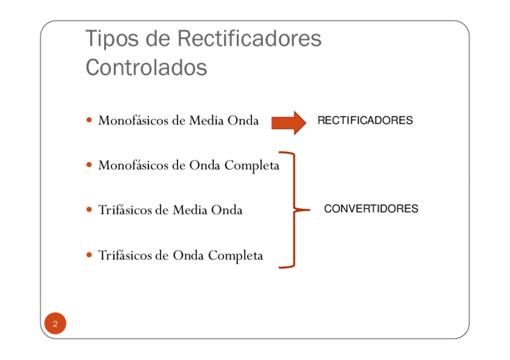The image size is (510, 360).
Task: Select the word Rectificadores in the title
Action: pos(249,39)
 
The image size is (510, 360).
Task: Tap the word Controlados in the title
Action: pos(146,67)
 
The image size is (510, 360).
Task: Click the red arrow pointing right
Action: pos(289,122)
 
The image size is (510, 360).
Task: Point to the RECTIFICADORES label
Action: pos(364,120)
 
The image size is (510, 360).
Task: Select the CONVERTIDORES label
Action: pos(371,209)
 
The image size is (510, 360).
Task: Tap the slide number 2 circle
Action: pos(55,324)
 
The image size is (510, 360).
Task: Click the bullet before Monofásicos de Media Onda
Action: pos(90,120)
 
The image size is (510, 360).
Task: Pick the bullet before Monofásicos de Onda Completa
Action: pos(90,165)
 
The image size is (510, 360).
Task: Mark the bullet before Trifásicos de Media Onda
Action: pos(90,210)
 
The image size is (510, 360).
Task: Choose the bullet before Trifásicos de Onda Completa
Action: pos(90,255)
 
